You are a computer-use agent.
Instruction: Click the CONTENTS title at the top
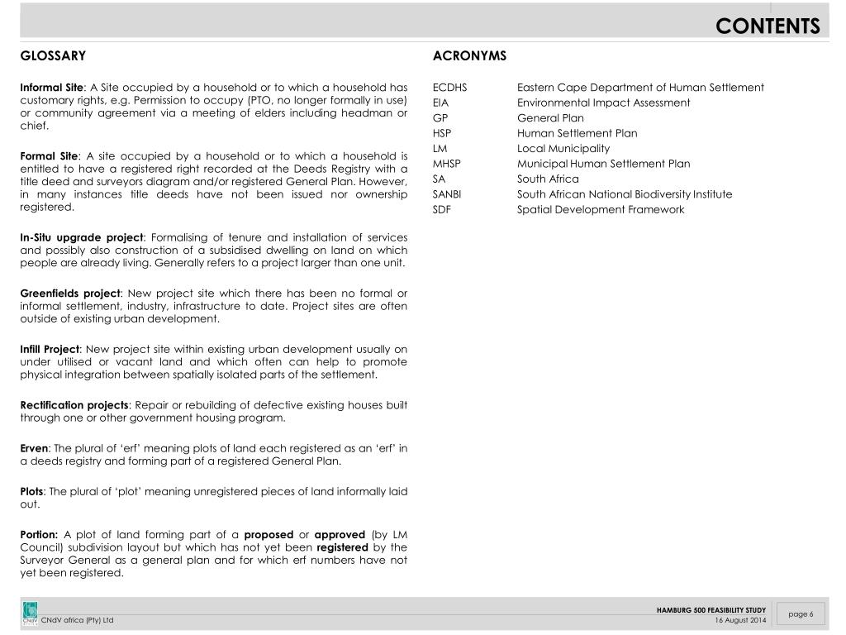[x=768, y=26]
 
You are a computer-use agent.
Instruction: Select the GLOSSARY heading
[x=53, y=56]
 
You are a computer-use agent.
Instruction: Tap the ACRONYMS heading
[x=469, y=56]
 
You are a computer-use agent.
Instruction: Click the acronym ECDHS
[x=449, y=88]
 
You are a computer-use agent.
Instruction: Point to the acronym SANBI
[x=447, y=194]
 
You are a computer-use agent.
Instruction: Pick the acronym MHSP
[x=446, y=164]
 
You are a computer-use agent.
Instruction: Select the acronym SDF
[x=442, y=210]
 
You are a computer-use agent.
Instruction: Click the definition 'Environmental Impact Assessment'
[x=603, y=103]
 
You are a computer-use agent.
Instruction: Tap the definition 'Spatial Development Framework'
[x=601, y=210]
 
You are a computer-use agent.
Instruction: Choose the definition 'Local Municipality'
[x=563, y=149]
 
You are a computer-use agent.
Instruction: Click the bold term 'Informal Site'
[x=51, y=88]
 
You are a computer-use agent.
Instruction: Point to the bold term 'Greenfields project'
[x=70, y=293]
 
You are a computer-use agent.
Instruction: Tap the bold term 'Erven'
[x=34, y=448]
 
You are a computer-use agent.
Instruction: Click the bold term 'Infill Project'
[x=50, y=349]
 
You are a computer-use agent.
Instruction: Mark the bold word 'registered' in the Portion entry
[x=341, y=547]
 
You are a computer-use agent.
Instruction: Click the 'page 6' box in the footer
[x=801, y=614]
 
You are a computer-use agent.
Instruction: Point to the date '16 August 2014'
[x=740, y=620]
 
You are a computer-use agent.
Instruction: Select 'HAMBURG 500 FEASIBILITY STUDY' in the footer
[x=711, y=610]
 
